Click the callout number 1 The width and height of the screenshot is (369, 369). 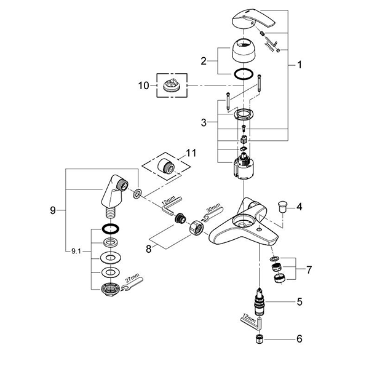tap(300, 64)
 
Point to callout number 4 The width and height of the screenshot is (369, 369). tap(300, 207)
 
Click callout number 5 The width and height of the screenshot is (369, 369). tap(300, 301)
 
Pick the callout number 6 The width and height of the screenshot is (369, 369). tap(300, 339)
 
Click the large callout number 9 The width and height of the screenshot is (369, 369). tap(54, 210)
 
